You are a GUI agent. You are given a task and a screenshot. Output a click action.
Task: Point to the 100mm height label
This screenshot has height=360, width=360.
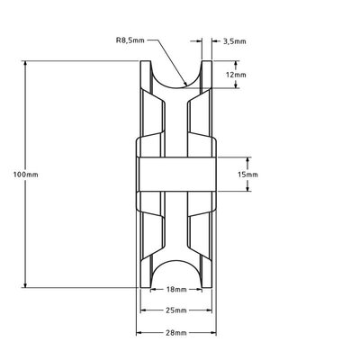15,174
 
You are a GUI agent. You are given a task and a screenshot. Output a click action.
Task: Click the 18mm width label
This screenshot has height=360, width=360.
176,291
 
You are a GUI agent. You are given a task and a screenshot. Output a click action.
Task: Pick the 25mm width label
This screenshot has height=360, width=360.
176,310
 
